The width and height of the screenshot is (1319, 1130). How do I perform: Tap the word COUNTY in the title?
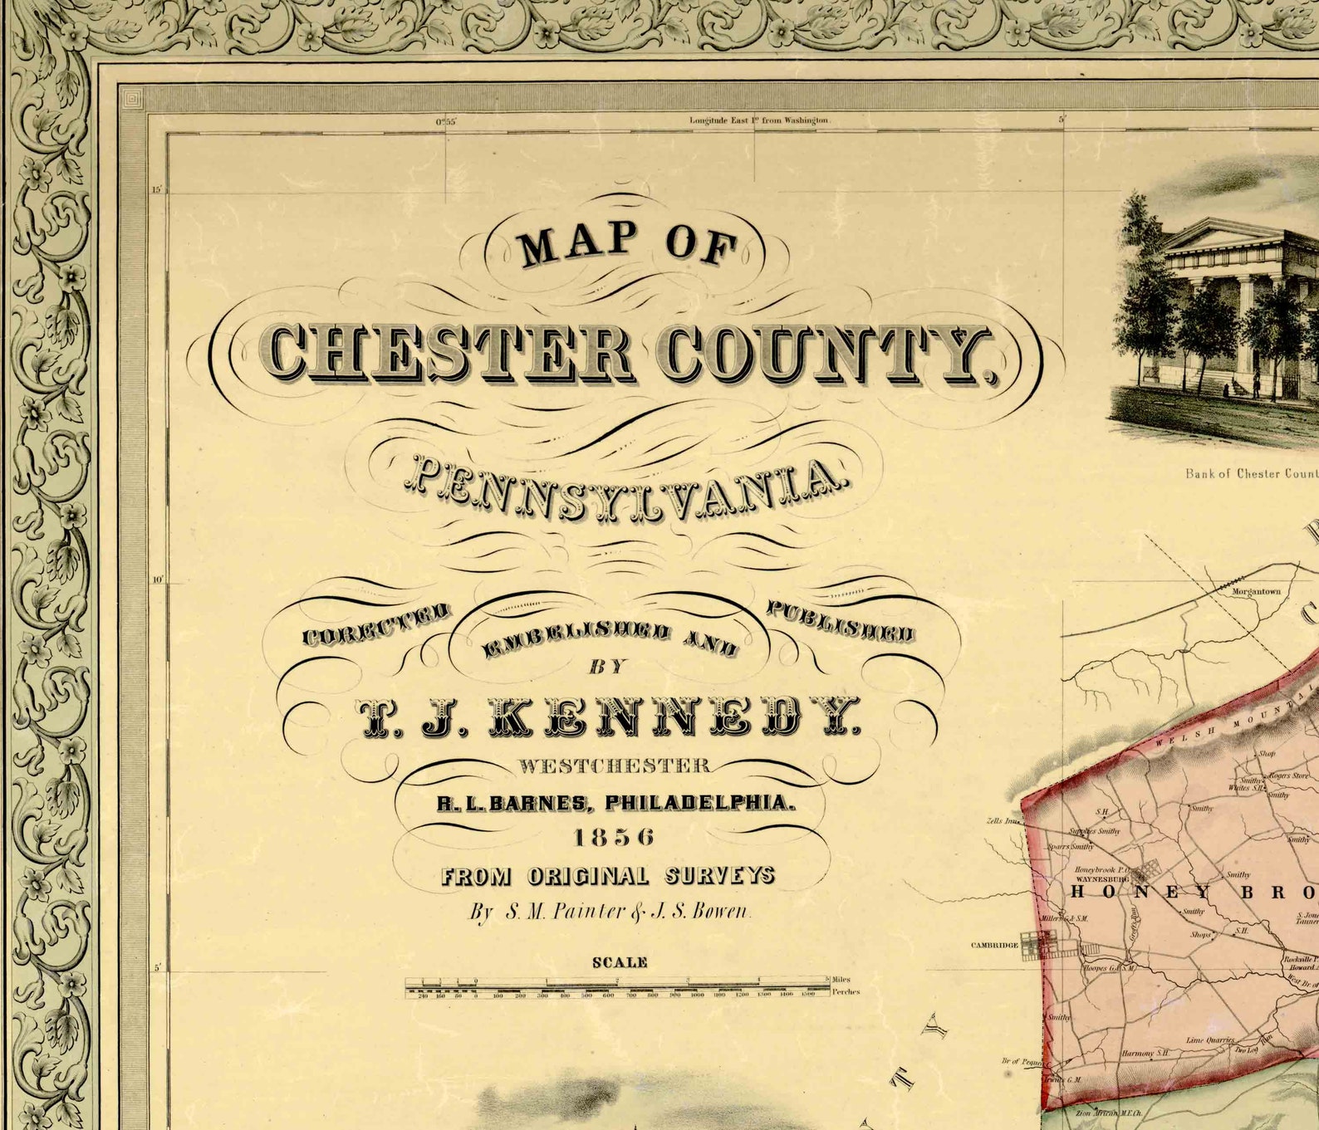pyautogui.click(x=826, y=355)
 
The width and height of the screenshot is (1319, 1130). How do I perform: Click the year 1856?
pyautogui.click(x=615, y=838)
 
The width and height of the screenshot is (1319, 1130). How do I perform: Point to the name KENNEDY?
pyautogui.click(x=673, y=717)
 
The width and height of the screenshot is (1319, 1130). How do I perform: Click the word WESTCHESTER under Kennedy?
pyautogui.click(x=615, y=766)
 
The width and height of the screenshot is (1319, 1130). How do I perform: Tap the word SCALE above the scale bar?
pyautogui.click(x=620, y=963)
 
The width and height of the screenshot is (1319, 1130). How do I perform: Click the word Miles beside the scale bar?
pyautogui.click(x=841, y=980)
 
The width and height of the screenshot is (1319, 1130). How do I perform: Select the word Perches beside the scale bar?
pyautogui.click(x=846, y=992)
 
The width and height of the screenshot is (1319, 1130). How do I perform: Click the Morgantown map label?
pyautogui.click(x=1256, y=592)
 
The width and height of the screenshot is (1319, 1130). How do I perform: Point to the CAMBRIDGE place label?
pyautogui.click(x=994, y=945)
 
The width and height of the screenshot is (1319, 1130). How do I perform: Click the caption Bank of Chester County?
pyautogui.click(x=1251, y=473)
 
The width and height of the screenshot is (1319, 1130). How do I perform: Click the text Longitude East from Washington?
pyautogui.click(x=759, y=120)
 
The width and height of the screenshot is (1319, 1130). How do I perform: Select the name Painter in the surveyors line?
pyautogui.click(x=565, y=912)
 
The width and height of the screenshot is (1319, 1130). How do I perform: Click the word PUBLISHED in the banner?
pyautogui.click(x=840, y=623)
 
